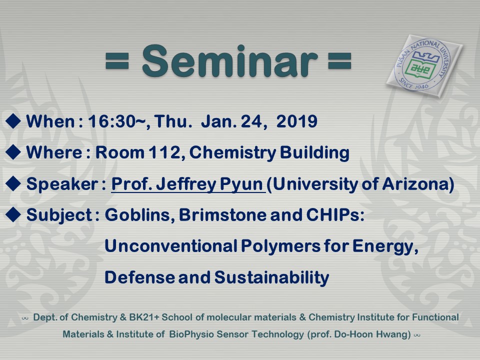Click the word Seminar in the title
coord(230,61)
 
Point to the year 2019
coord(296,121)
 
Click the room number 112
coord(167,152)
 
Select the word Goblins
coord(140,215)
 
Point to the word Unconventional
coord(171,246)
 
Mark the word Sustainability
coord(271,277)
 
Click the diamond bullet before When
coord(13,121)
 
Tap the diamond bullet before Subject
coord(13,214)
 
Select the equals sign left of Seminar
coord(117,61)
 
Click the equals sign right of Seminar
coord(339,61)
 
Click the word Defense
coord(139,277)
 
